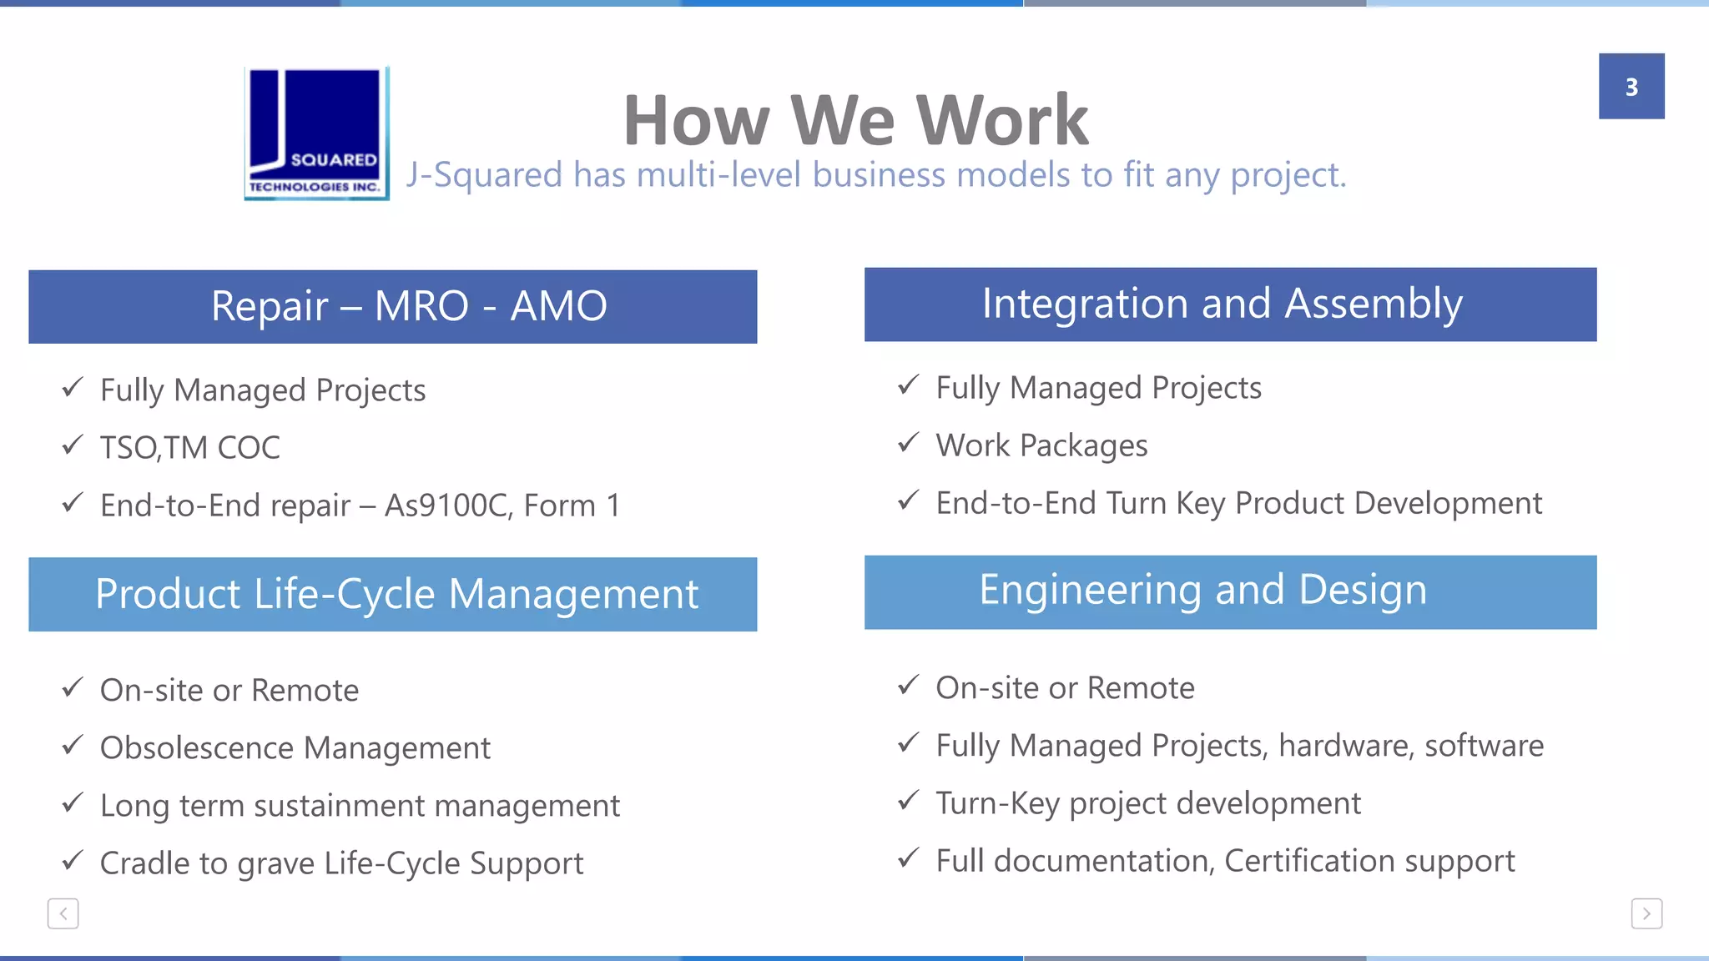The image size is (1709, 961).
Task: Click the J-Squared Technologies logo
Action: click(316, 133)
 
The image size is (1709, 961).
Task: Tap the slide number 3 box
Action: click(1631, 87)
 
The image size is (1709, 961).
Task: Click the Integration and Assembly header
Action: click(1230, 304)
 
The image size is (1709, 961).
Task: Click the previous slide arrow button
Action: click(63, 913)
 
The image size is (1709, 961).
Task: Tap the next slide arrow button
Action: click(1646, 913)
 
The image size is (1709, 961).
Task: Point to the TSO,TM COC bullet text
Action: click(190, 448)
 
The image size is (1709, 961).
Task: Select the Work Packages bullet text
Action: click(1041, 445)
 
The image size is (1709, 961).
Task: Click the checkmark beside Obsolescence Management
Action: click(73, 744)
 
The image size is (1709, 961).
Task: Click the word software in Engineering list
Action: click(1484, 746)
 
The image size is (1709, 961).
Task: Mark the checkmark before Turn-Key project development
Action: click(908, 801)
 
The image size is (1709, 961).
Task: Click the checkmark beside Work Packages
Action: click(908, 442)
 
